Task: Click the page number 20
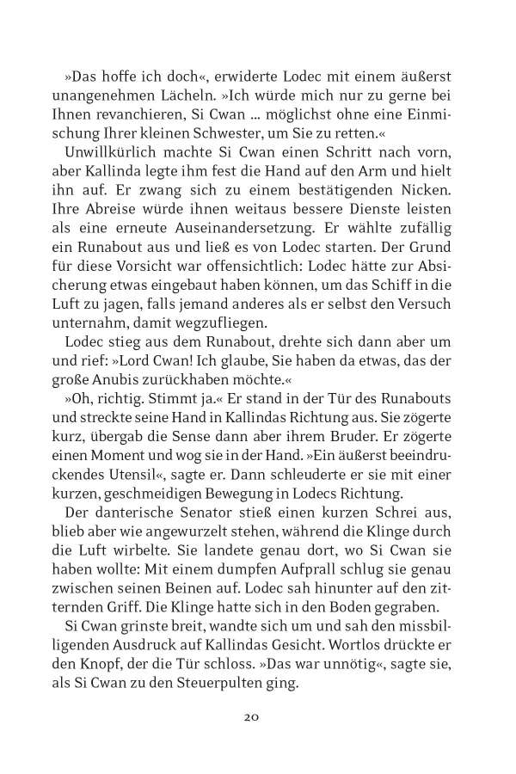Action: point(258,716)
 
